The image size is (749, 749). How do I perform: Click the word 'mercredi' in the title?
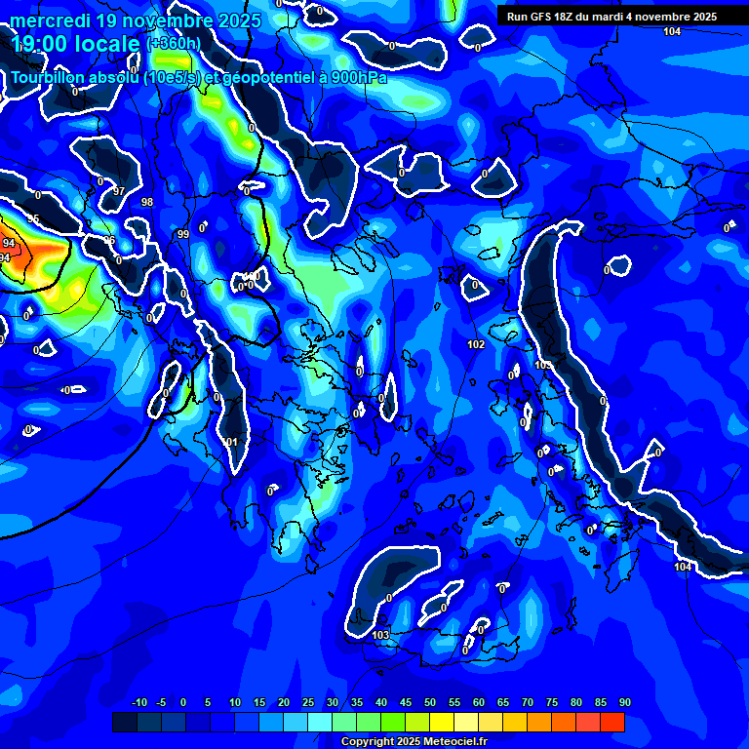pyautogui.click(x=51, y=20)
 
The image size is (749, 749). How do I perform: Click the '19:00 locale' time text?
pyautogui.click(x=74, y=43)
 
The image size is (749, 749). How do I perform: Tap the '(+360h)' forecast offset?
pyautogui.click(x=174, y=43)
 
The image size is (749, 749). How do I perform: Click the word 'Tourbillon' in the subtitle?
pyautogui.click(x=54, y=78)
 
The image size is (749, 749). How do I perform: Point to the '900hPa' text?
pyautogui.click(x=358, y=78)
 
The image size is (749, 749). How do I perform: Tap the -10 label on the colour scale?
pyautogui.click(x=138, y=703)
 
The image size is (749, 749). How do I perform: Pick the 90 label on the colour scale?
pyautogui.click(x=624, y=703)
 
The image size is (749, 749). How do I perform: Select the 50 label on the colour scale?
pyautogui.click(x=430, y=703)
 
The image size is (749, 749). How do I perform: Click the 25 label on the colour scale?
pyautogui.click(x=308, y=703)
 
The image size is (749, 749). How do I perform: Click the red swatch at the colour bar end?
pyautogui.click(x=612, y=722)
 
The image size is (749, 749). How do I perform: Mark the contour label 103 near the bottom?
pyautogui.click(x=381, y=635)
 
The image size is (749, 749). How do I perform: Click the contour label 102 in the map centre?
pyautogui.click(x=476, y=345)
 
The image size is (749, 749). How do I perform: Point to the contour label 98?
pyautogui.click(x=147, y=202)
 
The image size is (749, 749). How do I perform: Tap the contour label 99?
pyautogui.click(x=183, y=234)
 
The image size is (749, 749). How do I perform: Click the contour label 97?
pyautogui.click(x=119, y=191)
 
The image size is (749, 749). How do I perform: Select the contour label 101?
pyautogui.click(x=231, y=442)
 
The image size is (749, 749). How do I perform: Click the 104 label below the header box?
pyautogui.click(x=672, y=32)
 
